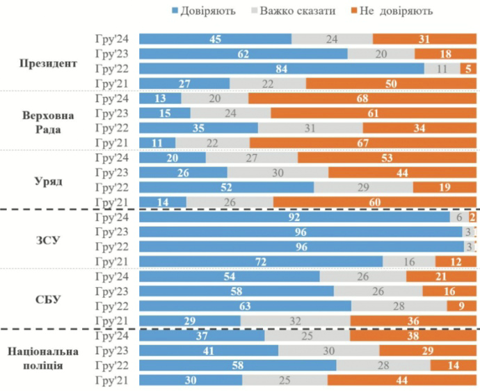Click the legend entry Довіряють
point(202,10)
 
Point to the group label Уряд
point(49,180)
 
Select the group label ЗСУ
point(49,240)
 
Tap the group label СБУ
point(49,300)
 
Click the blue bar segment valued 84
point(281,68)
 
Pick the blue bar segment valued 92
point(294,217)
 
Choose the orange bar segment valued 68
point(362,98)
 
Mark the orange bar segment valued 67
point(363,143)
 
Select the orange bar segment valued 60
point(374,202)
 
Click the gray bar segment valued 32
point(295,321)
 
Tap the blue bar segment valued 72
point(261,261)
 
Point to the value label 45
point(216,39)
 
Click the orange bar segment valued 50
point(391,83)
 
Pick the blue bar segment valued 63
point(245,305)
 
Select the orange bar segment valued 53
point(387,157)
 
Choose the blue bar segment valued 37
point(202,336)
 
